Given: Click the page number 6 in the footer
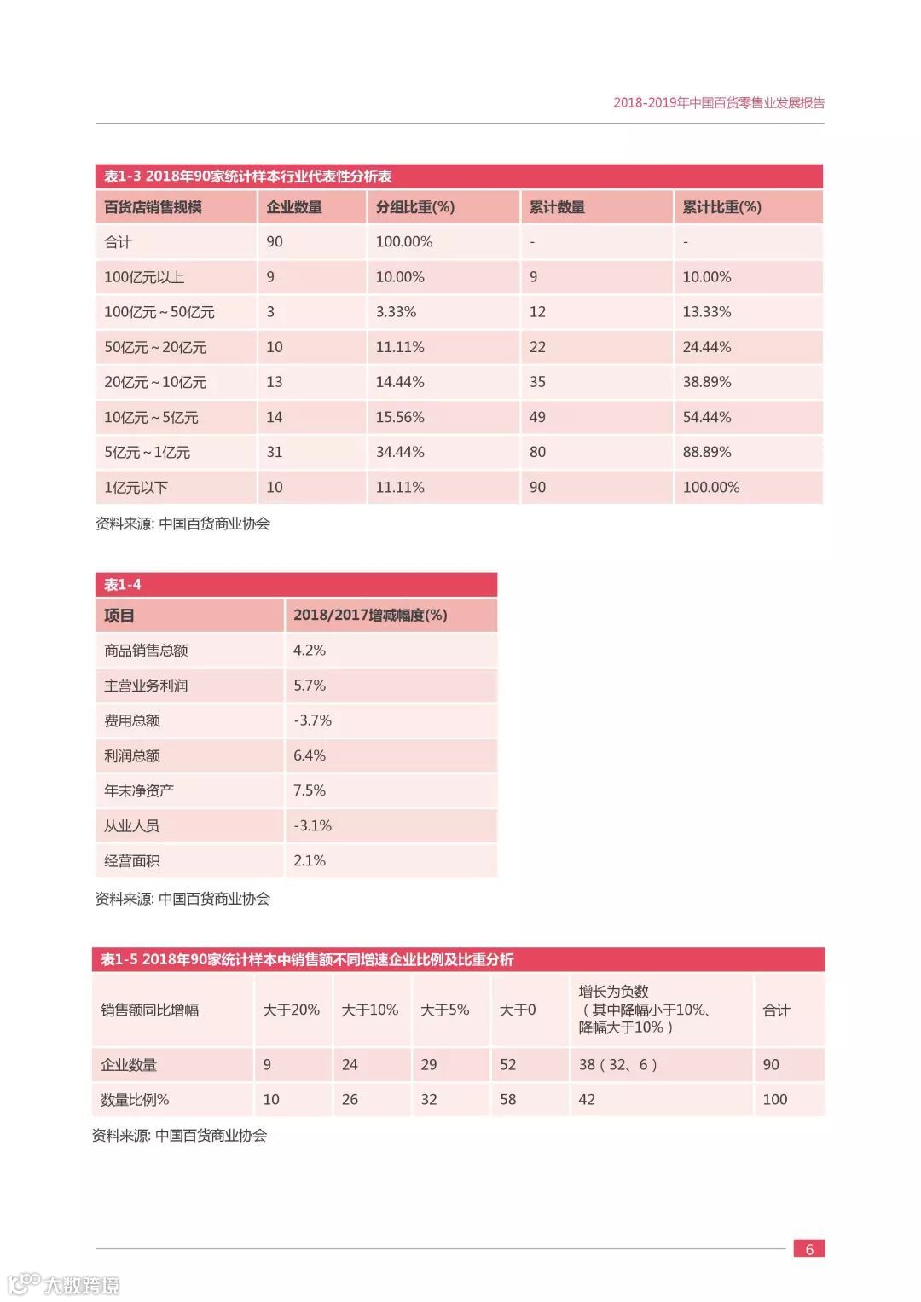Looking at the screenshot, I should [x=809, y=1249].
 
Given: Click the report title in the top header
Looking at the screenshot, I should [x=719, y=103].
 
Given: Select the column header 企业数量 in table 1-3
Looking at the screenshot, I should [x=294, y=207].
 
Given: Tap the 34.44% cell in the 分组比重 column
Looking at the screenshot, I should [x=400, y=452].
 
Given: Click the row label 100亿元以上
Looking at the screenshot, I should [x=144, y=277].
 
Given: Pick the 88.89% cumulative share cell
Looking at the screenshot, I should [x=706, y=452].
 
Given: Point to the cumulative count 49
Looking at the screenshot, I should [x=537, y=417].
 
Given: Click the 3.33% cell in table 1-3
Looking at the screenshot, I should [x=396, y=312].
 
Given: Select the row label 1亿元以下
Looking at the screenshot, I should [x=136, y=488].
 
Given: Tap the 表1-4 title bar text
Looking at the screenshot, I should [x=123, y=585].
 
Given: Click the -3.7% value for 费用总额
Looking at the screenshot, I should [x=312, y=720].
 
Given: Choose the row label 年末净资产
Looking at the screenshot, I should [x=139, y=790].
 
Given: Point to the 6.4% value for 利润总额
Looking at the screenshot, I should [x=310, y=755].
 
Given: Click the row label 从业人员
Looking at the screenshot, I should [x=131, y=825].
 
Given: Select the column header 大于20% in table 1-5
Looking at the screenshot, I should [x=291, y=1010].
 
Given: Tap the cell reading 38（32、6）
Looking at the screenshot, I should [x=617, y=1064].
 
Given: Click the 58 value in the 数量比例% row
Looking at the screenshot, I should [x=508, y=1100].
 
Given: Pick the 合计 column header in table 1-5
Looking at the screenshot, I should [x=776, y=1010].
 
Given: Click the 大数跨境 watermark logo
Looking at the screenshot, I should [x=64, y=1284].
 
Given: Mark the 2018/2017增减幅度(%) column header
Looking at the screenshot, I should [x=370, y=616].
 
